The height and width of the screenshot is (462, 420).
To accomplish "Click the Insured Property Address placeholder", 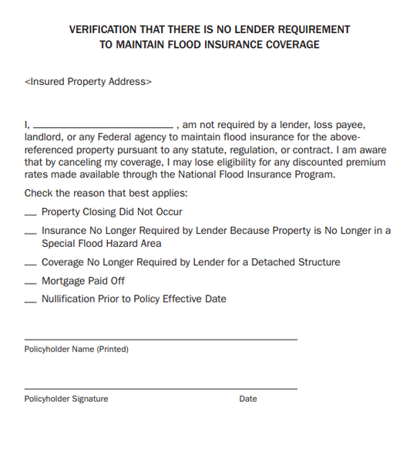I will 88,81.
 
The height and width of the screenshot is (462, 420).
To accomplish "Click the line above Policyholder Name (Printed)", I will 160,339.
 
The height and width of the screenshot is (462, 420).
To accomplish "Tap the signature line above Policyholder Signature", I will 160,388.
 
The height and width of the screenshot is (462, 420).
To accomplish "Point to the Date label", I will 248,399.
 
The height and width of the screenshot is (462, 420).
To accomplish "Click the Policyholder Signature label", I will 66,399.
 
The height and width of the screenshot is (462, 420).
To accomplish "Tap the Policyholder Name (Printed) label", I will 76,349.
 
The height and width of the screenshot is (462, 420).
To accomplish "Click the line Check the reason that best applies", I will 106,193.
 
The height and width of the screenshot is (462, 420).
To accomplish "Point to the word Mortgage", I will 63,281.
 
